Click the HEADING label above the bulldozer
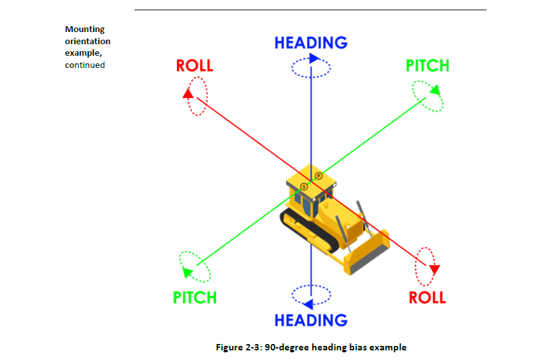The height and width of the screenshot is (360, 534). click(x=311, y=43)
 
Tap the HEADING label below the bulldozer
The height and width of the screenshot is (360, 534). click(x=311, y=320)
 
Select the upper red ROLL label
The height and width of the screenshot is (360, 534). click(x=194, y=65)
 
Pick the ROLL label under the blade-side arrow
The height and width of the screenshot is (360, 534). click(x=428, y=297)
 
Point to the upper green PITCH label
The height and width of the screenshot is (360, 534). click(x=428, y=65)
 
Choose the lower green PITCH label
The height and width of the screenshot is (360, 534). click(x=195, y=297)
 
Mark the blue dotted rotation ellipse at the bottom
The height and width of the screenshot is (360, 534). click(x=311, y=295)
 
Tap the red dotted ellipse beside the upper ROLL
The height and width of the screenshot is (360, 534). click(x=198, y=96)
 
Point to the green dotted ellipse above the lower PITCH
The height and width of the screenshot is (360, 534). click(x=195, y=266)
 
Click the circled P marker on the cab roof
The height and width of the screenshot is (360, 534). click(x=318, y=176)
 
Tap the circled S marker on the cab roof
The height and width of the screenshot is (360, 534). click(x=305, y=186)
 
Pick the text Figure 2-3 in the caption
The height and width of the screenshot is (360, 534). click(x=237, y=348)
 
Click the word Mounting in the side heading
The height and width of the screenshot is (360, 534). click(x=85, y=29)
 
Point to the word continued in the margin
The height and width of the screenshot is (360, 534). click(x=85, y=65)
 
